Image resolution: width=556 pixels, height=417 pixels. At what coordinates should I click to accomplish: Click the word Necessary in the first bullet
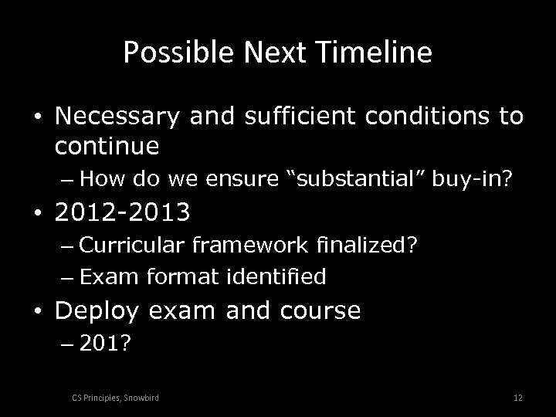click(x=114, y=117)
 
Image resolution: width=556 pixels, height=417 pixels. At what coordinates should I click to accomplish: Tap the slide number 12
click(x=517, y=397)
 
